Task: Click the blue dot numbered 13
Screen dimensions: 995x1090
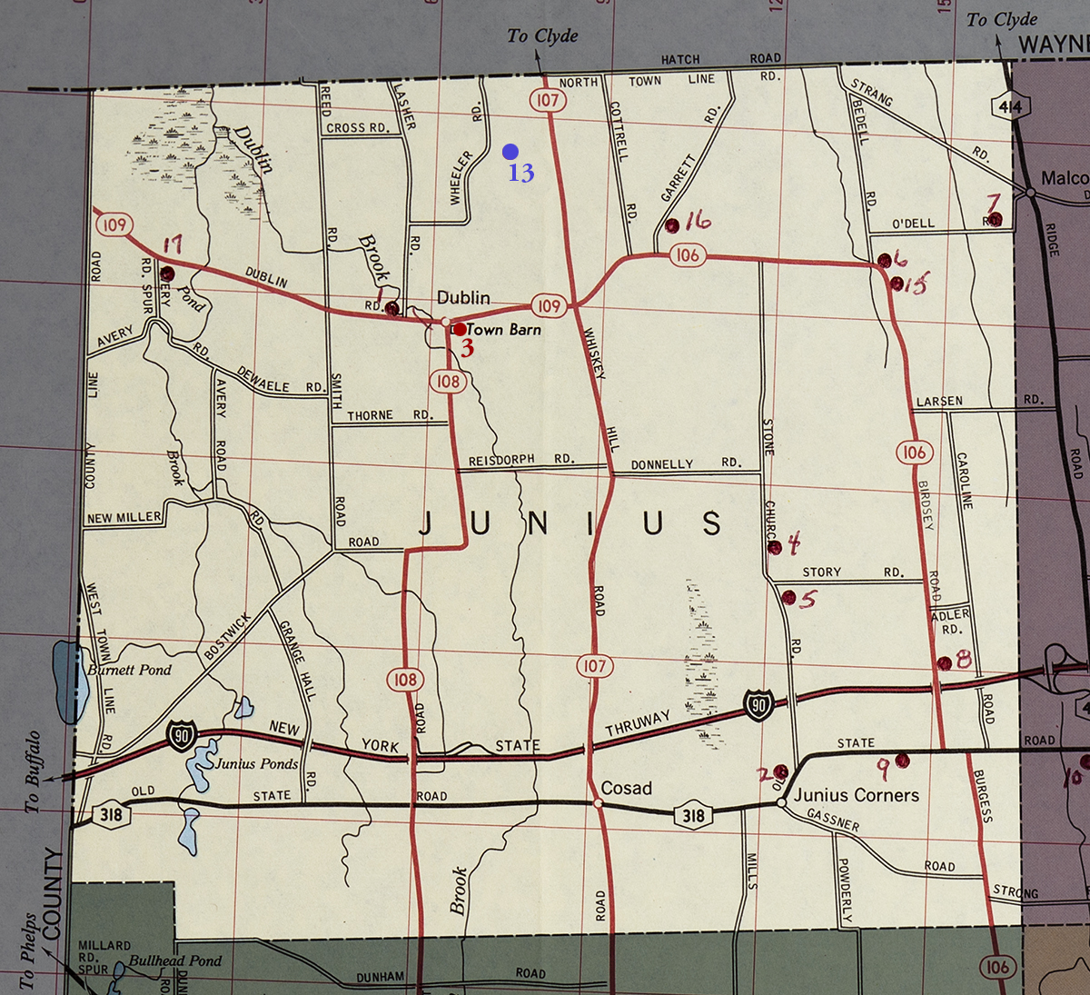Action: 510,152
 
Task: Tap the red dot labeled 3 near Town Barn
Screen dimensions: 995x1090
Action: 460,329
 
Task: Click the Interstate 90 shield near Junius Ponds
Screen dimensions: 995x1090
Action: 182,735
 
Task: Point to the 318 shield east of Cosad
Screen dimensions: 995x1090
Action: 693,814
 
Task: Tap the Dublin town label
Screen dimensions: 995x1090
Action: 463,297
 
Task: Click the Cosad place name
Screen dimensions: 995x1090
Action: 627,788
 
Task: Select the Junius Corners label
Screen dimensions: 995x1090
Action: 857,795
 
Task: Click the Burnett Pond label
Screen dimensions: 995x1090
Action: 129,670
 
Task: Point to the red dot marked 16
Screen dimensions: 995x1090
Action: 672,225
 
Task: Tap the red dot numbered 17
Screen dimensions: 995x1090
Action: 167,273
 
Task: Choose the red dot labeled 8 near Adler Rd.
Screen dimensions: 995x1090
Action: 944,663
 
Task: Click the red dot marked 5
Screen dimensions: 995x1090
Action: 788,597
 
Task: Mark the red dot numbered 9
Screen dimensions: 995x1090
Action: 902,760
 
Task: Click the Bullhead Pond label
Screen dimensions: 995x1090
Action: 174,960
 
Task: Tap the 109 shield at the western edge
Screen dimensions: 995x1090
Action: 114,224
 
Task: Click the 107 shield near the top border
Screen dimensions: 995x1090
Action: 547,100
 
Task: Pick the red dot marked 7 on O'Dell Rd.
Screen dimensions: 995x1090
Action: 995,219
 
